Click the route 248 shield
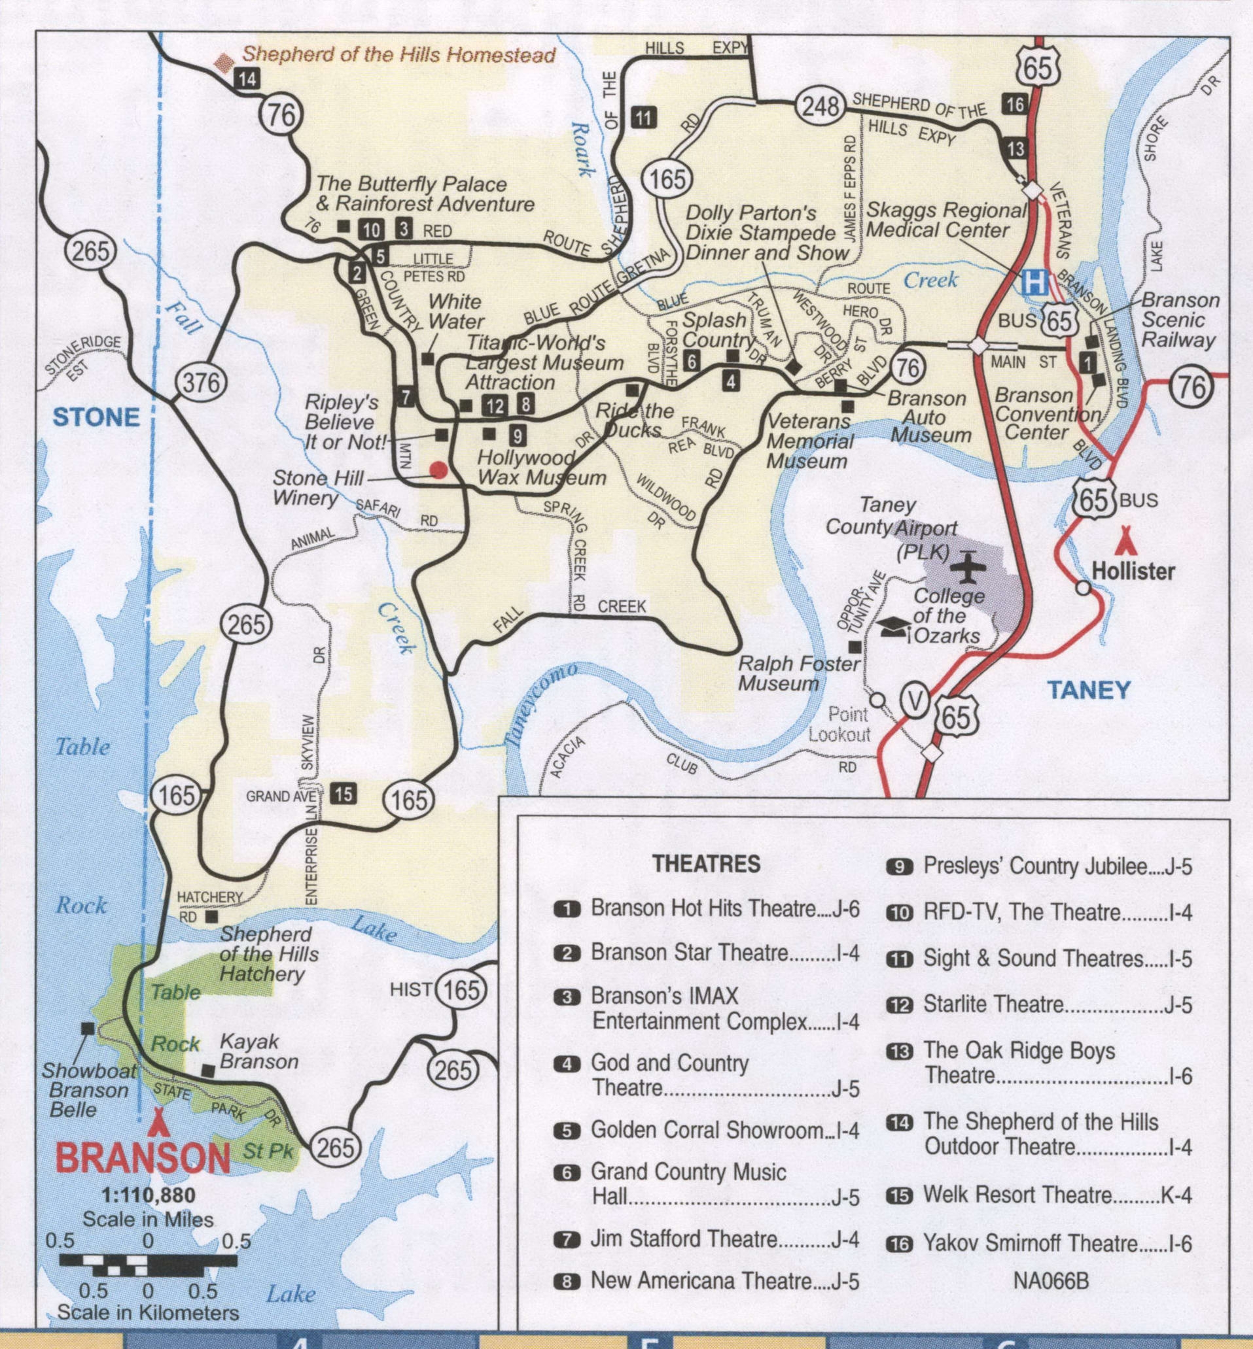click(821, 105)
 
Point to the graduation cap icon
click(893, 628)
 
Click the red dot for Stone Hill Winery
click(438, 470)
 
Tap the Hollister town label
click(1133, 571)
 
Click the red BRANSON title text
click(143, 1159)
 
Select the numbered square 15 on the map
click(344, 793)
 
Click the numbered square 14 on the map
click(247, 79)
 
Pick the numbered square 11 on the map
click(643, 118)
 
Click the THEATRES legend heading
click(706, 864)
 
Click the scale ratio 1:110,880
click(148, 1195)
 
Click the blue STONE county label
click(96, 417)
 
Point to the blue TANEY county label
click(1089, 691)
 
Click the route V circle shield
click(915, 702)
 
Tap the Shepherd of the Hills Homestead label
click(398, 54)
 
